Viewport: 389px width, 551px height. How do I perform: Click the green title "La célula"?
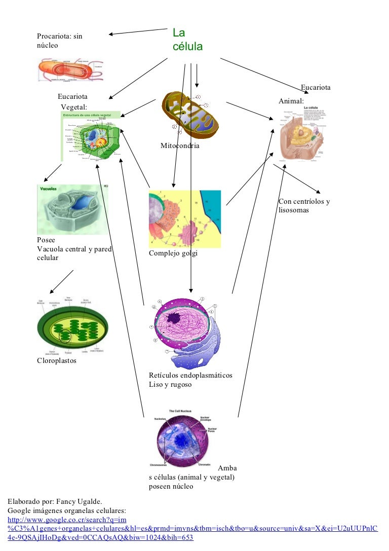coord(187,40)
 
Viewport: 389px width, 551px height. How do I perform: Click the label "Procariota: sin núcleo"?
coord(59,41)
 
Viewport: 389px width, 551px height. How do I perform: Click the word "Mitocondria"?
coord(180,146)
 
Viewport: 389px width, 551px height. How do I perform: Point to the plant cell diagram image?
coord(91,136)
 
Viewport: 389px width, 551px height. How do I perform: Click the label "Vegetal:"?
coord(74,107)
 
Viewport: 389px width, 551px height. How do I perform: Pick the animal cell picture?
coord(302,133)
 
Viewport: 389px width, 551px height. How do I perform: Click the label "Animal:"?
coord(291,101)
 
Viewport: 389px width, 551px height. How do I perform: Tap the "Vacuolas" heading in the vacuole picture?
coord(47,189)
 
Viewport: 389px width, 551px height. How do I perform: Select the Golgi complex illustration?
coord(185,219)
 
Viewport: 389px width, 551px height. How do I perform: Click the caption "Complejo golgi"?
coord(173,253)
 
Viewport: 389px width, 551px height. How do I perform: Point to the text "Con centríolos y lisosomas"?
coord(304,206)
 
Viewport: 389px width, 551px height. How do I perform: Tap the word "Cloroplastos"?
coord(56,361)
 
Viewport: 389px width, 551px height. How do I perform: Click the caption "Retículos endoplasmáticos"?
coord(190,376)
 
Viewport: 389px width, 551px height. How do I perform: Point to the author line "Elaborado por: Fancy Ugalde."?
coord(55,502)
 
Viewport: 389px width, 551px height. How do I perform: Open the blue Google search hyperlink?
coord(192,529)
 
